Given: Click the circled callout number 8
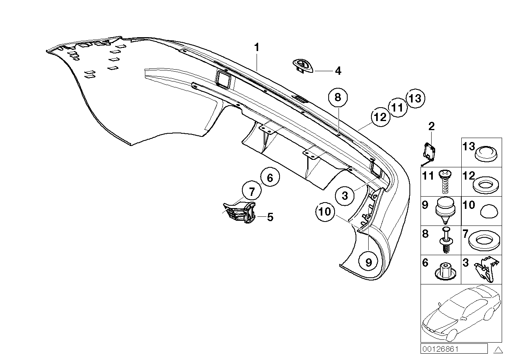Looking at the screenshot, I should pyautogui.click(x=337, y=98).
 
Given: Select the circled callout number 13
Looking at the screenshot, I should pyautogui.click(x=415, y=98).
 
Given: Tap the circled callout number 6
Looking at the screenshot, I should pyautogui.click(x=270, y=178).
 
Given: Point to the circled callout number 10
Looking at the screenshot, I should pyautogui.click(x=325, y=212).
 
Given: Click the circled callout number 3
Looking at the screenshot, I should pyautogui.click(x=345, y=195).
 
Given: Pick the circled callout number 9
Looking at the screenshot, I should pyautogui.click(x=368, y=262).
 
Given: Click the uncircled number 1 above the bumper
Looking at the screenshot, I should pyautogui.click(x=257, y=47).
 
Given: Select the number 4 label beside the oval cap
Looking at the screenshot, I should pyautogui.click(x=337, y=71).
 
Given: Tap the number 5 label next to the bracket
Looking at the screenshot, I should pyautogui.click(x=270, y=217).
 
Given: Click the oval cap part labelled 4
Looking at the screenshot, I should pyautogui.click(x=303, y=66).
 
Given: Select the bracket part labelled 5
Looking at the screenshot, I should pyautogui.click(x=240, y=211).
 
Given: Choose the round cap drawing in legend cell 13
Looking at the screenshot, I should pyautogui.click(x=486, y=153).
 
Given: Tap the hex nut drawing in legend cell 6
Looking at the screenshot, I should pyautogui.click(x=443, y=270).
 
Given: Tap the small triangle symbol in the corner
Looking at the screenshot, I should pyautogui.click(x=498, y=349).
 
